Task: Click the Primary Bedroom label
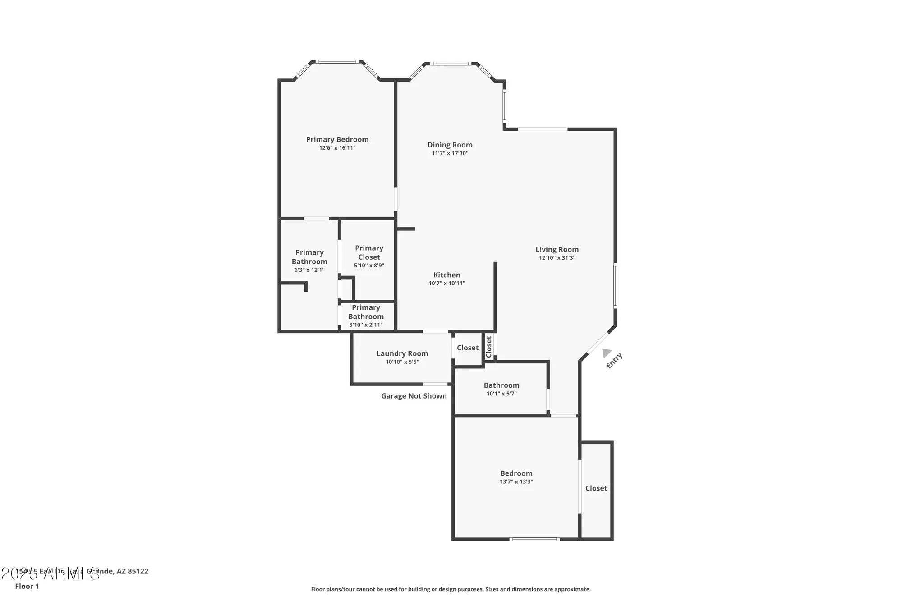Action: point(337,139)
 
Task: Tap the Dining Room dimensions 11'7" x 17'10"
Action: point(450,153)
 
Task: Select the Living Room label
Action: point(557,249)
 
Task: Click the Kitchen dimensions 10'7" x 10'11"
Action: point(446,283)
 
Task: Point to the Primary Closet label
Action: point(369,252)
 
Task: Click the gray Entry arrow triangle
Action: point(607,353)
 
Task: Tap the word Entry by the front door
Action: point(614,361)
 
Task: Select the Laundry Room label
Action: point(402,353)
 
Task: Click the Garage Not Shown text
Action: point(414,396)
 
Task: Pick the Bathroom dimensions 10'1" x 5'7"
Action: point(502,394)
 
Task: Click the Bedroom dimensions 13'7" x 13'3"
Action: point(516,482)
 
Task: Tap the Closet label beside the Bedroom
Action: point(596,488)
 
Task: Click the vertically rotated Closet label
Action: point(489,347)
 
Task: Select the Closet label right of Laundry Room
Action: point(468,348)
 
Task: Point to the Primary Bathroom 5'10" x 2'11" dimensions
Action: point(366,325)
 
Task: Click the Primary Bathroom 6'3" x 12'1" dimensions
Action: point(309,270)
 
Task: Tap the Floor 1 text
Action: point(27,586)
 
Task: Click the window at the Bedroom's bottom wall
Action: point(534,539)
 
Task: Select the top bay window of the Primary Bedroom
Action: point(337,62)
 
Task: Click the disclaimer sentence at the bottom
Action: point(451,589)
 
